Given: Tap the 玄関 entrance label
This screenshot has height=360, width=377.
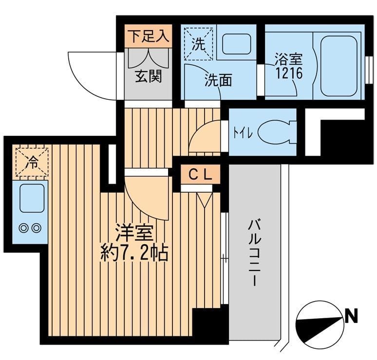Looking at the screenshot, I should click(x=148, y=77).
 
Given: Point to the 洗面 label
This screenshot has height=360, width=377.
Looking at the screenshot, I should click(x=217, y=81).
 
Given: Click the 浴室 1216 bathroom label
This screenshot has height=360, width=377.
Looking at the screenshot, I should click(x=288, y=67).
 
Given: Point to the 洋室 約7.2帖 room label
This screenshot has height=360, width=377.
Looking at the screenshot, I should click(x=134, y=243).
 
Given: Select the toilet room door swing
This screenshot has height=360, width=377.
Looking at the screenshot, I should click(x=205, y=139).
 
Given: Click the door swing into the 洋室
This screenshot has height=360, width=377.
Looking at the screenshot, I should click(x=146, y=195).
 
